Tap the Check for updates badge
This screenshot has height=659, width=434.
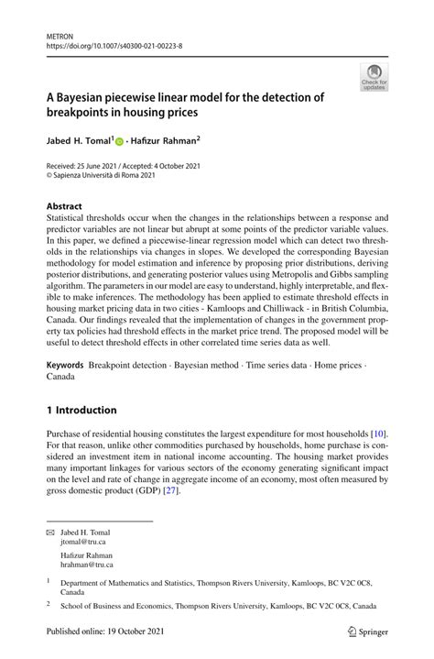pos(374,77)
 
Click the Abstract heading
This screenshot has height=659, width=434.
pos(65,207)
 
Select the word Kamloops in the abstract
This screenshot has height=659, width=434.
pos(245,310)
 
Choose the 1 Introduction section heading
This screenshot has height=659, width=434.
pos(81,410)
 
